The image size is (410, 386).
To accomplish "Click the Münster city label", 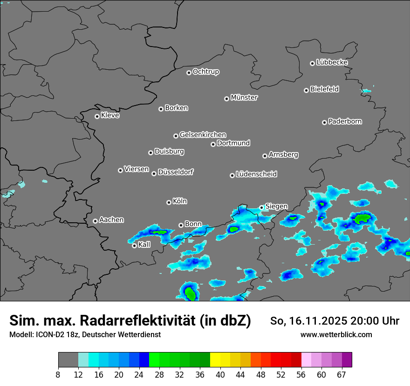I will pos(244,98).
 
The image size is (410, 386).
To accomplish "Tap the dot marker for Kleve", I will pos(97,116).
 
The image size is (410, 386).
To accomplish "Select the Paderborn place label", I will pos(345,121).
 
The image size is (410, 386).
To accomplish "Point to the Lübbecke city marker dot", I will pos(312,63).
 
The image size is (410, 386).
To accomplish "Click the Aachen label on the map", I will pos(111,220).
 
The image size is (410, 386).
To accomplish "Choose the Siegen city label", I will pos(276,206).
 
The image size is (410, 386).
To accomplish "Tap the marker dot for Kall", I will pos(134,246).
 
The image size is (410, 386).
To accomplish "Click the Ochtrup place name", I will pos(206,72).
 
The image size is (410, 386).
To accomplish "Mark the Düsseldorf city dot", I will pos(154,173).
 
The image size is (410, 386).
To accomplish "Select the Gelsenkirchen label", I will pos(203,135).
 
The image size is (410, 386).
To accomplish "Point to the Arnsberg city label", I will pos(283,155).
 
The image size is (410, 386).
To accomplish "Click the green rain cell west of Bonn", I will pos(161,232).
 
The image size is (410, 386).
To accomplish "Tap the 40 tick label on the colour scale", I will pos(220,375).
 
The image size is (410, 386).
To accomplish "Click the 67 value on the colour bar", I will pos(342,375).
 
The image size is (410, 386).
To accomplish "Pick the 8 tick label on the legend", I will pos(58,375).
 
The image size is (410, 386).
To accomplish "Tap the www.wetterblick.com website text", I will pos(336,335).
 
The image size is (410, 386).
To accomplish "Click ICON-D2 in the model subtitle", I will pos(51,335).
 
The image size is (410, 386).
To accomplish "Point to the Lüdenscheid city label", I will pos(256,174).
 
